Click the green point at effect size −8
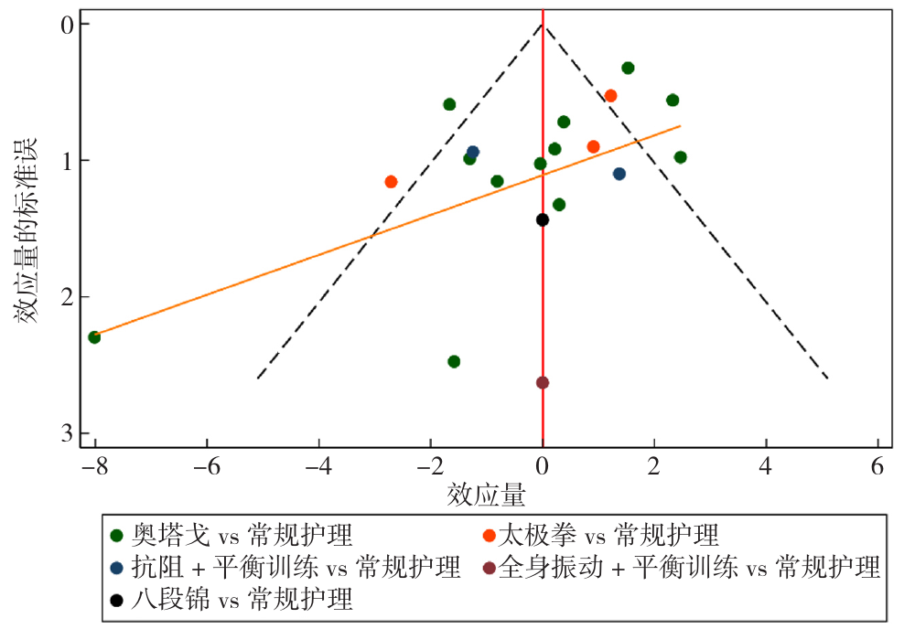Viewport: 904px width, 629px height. (94, 337)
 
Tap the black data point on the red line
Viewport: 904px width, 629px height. (543, 219)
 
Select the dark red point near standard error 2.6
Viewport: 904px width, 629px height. (543, 382)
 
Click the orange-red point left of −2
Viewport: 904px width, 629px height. (391, 182)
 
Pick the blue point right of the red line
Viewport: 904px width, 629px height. (619, 174)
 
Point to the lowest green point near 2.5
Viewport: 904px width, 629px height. (454, 361)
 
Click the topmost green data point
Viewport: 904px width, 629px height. (628, 68)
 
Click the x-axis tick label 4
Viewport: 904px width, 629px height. (767, 464)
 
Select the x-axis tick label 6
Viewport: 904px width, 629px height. (878, 464)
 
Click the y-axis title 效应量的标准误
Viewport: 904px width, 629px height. (25, 229)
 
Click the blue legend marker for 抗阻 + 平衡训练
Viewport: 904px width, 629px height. (116, 568)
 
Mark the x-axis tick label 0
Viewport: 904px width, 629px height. (543, 464)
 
